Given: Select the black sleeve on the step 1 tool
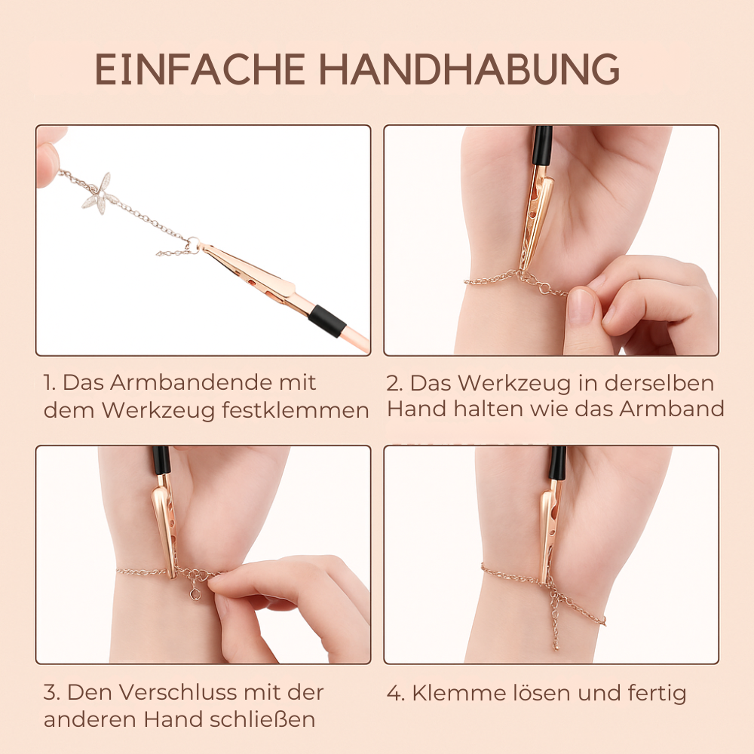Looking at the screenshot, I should [327, 320].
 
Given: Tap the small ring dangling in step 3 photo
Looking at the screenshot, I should [195, 594].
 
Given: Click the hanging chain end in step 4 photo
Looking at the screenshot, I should [556, 630].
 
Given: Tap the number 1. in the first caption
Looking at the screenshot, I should [51, 383].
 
